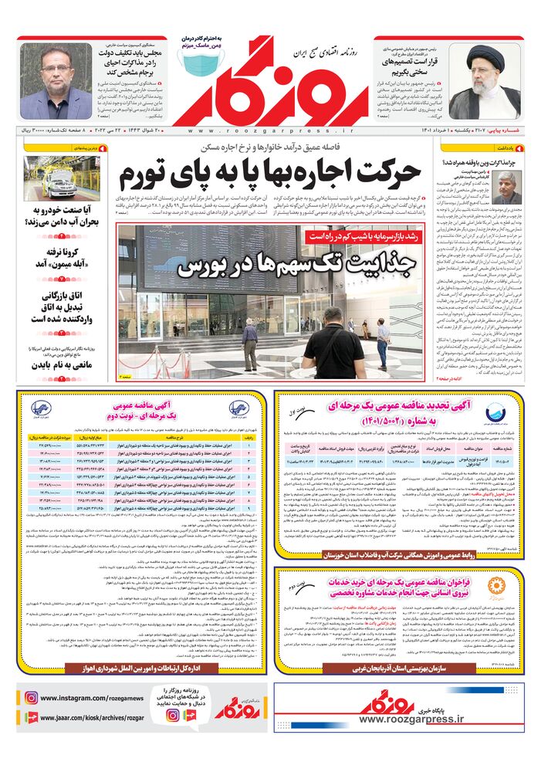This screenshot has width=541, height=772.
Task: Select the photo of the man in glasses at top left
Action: (55, 80)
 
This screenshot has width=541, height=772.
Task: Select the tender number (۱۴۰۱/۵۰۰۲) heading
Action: (394, 422)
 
